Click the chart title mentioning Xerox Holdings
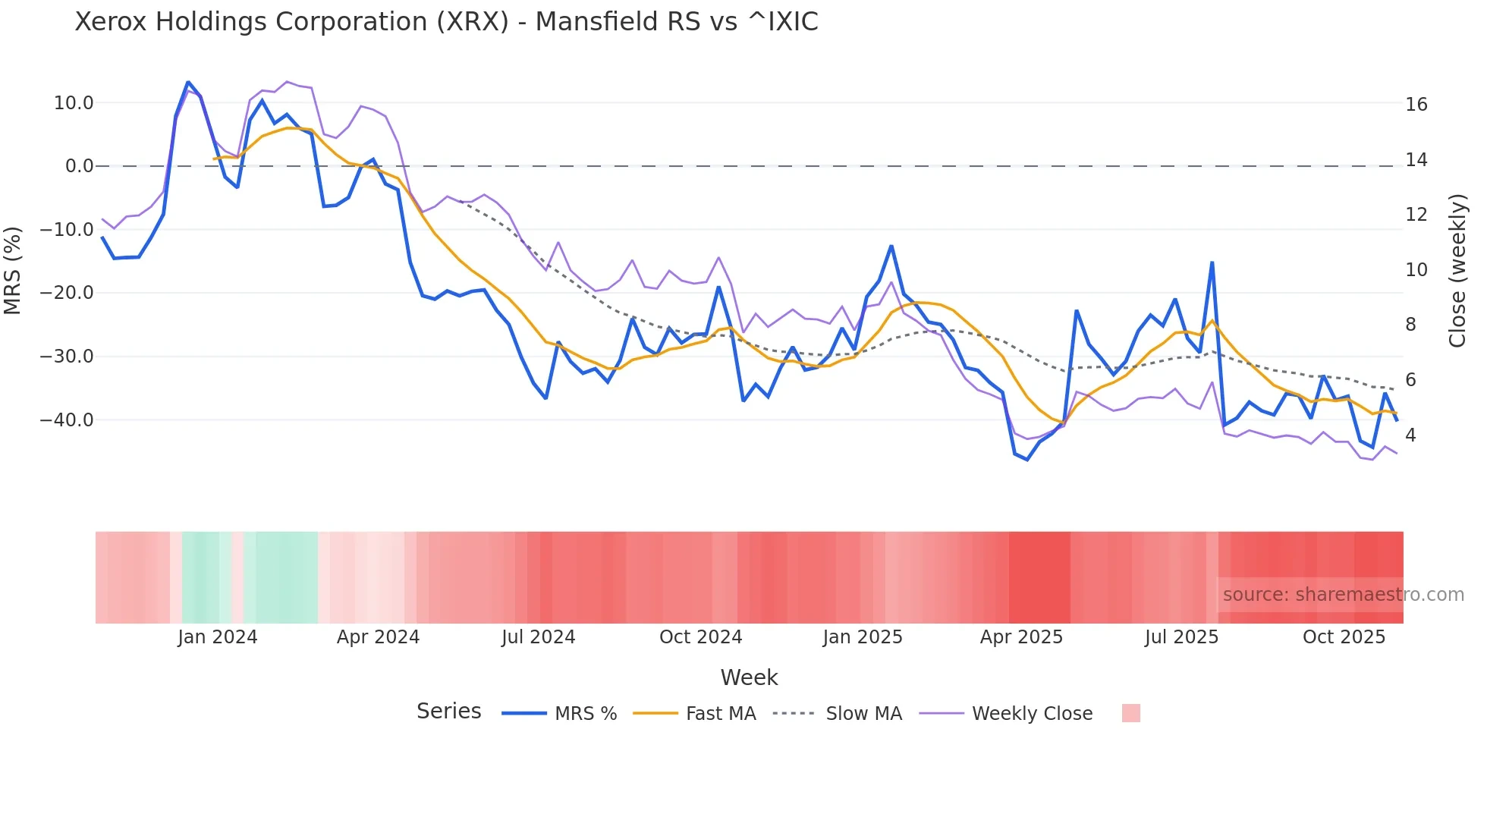coord(446,22)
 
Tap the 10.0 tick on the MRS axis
coord(74,103)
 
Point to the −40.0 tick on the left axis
coord(67,420)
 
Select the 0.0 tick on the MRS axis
coord(80,166)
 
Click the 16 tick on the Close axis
coord(1416,105)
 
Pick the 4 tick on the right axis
coord(1410,435)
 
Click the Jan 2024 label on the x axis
coord(218,637)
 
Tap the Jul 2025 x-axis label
coord(1181,637)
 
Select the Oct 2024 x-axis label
coord(700,637)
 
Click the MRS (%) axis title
coord(13,271)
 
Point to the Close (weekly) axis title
coord(1457,271)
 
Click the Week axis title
coord(749,677)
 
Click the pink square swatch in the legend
coord(1130,713)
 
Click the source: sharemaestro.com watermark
coord(1343,595)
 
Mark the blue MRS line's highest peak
coord(188,82)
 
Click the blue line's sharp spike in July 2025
coord(1212,262)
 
